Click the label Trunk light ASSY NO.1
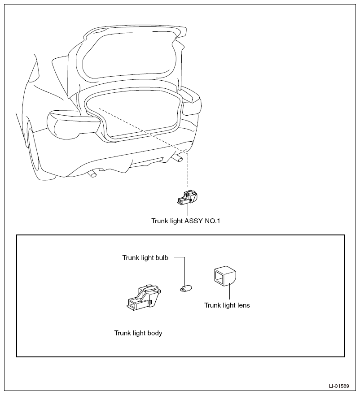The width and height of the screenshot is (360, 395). pos(186,221)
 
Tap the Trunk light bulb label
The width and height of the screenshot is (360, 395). pos(145,258)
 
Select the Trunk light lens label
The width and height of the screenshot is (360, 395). pos(227,305)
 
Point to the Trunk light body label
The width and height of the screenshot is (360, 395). pos(138,333)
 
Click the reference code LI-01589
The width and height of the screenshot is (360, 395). pos(339,386)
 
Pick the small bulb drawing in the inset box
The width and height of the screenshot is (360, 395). pos(186,288)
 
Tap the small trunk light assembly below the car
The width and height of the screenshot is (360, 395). pos(188,197)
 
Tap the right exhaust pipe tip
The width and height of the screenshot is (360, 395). pos(178,158)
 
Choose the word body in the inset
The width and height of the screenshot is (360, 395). pos(155,333)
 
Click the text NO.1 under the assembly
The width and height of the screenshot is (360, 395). pos(212,221)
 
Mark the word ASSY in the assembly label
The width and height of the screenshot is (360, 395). pos(194,221)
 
